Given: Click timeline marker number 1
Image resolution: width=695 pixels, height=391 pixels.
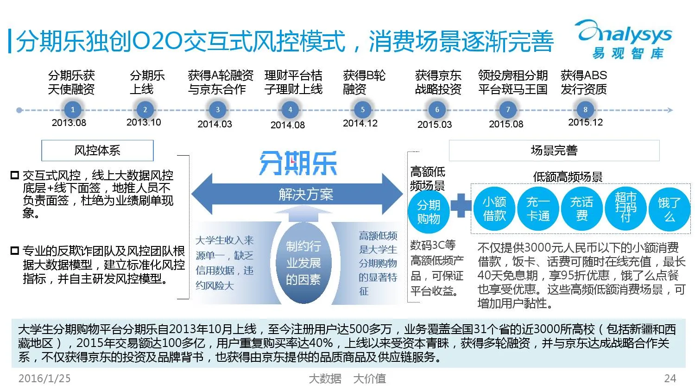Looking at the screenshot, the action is (x=72, y=110).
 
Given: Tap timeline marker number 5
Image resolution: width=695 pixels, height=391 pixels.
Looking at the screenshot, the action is (x=362, y=110).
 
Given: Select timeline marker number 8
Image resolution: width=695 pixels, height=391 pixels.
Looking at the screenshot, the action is (x=585, y=110).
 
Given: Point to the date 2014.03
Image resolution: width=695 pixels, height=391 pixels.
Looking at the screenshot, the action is (x=215, y=124).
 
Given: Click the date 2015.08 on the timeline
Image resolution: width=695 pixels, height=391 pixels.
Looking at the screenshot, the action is (x=506, y=124).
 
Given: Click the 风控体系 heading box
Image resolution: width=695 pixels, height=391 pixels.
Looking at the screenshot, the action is (x=97, y=151).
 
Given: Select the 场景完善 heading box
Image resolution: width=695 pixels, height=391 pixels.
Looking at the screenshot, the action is (x=554, y=151).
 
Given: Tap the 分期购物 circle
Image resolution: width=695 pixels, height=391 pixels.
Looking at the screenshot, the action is (x=429, y=212).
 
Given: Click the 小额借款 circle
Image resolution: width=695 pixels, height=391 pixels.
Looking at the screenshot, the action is (x=494, y=209).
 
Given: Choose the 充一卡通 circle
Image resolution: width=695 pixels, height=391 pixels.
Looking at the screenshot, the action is (x=538, y=209).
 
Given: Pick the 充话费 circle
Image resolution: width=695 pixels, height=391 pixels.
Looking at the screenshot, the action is (x=581, y=209).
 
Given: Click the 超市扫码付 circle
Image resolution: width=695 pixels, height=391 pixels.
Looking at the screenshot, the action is (x=625, y=209).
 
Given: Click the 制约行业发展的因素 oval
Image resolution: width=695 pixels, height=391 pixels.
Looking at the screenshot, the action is (x=303, y=263).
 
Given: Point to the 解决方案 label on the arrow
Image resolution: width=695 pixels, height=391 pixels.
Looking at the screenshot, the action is (x=306, y=195).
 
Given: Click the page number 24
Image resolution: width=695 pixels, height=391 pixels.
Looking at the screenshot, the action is (x=670, y=378).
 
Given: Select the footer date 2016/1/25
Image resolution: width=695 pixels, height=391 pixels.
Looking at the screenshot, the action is (x=44, y=378).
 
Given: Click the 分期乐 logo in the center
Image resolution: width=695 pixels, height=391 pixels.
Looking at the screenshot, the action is (x=298, y=163).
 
